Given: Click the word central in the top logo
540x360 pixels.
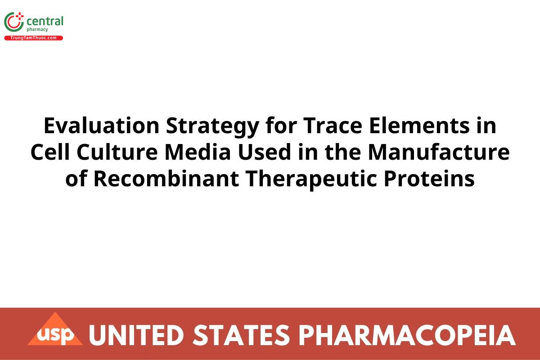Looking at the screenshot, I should pyautogui.click(x=45, y=21).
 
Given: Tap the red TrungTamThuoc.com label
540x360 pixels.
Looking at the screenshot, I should pyautogui.click(x=34, y=38).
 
